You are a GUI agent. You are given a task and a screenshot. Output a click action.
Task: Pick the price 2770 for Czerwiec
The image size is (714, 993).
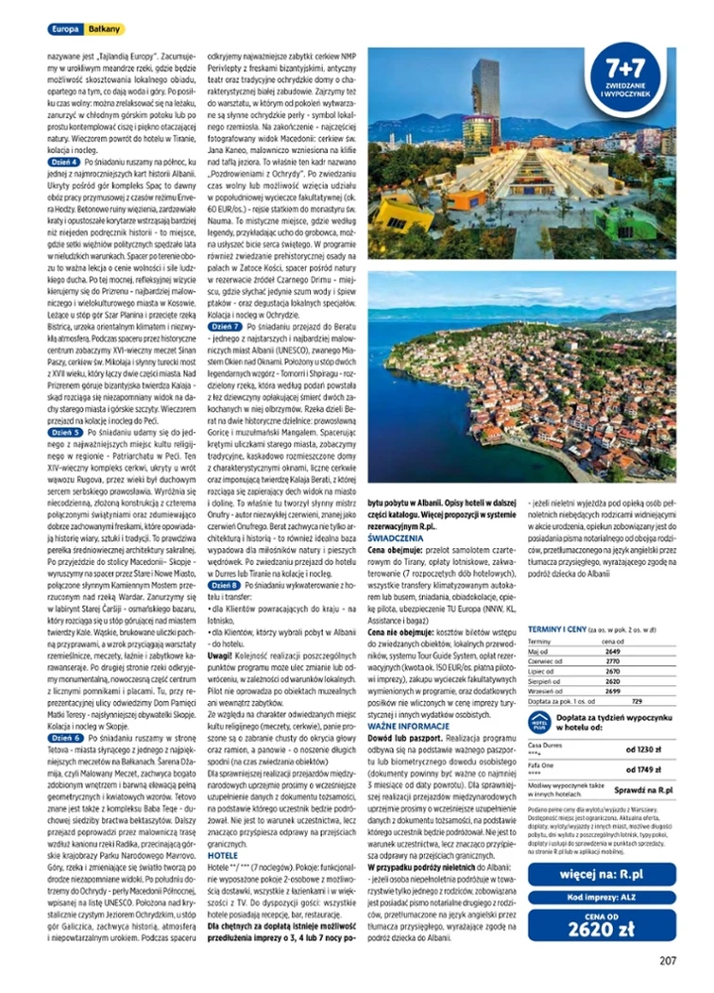click(612, 660)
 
